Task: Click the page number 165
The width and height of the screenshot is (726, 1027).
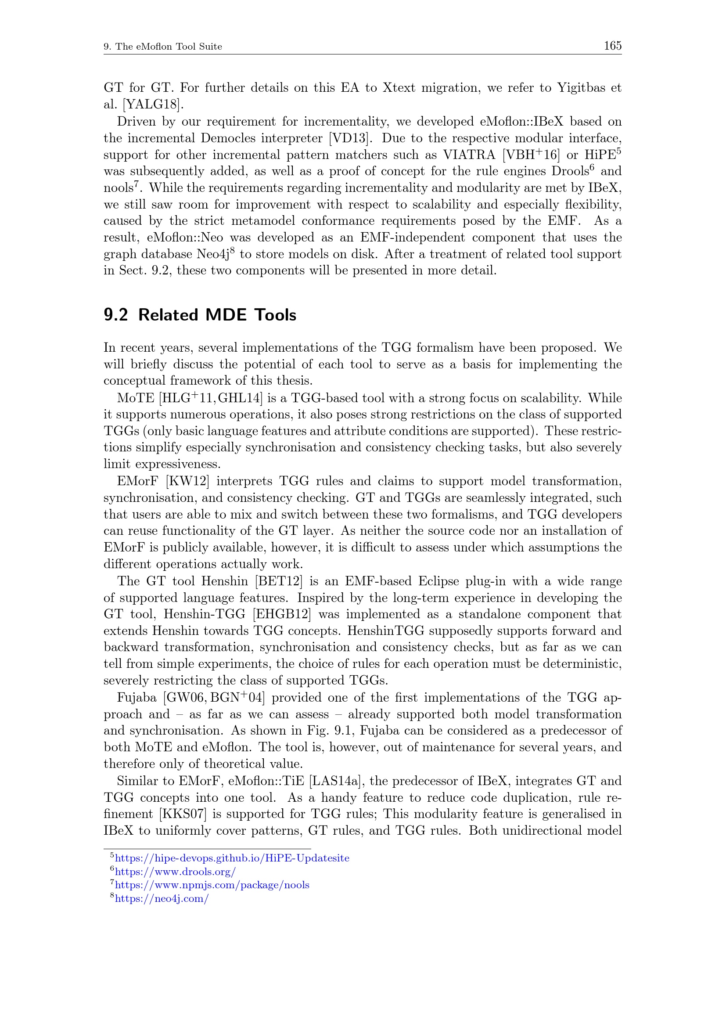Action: click(612, 46)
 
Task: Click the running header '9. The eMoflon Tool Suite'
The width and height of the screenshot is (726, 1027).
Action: click(163, 47)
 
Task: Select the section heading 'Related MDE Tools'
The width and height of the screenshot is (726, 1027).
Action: click(217, 315)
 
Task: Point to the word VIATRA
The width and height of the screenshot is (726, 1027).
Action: click(469, 155)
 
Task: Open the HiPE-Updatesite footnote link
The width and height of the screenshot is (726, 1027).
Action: click(232, 858)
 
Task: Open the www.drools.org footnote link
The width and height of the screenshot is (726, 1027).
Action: click(175, 871)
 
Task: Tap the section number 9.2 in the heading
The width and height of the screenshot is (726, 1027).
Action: click(115, 315)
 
